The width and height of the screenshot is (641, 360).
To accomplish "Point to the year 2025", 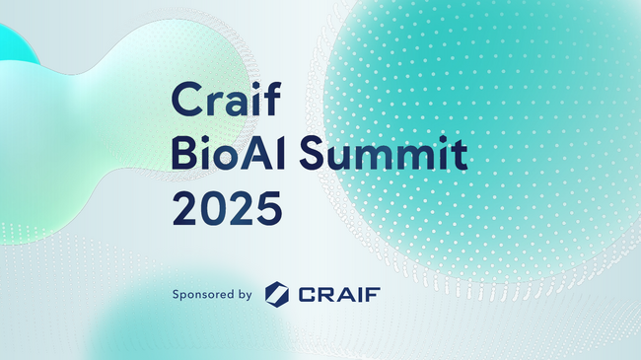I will [227, 209].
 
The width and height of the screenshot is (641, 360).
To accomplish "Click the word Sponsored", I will [204, 294].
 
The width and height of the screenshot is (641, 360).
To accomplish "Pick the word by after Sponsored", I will [245, 294].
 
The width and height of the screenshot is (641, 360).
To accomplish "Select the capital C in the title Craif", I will [185, 98].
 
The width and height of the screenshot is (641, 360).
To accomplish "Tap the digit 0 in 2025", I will [214, 209].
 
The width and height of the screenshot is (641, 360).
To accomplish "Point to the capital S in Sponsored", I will [176, 294].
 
